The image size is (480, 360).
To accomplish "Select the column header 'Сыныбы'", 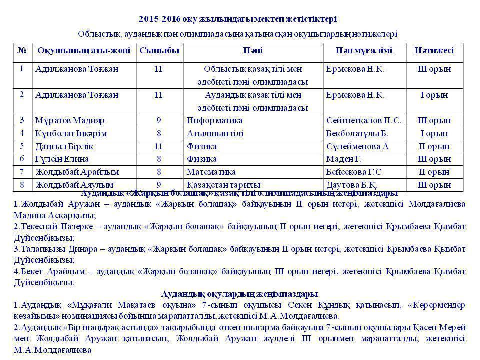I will (158, 51).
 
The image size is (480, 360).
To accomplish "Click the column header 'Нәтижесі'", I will (434, 51).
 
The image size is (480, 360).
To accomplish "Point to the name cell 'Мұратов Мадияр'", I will (69, 120).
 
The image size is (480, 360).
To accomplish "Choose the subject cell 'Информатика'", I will (214, 120).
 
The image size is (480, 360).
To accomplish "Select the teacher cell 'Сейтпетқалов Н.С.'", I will (363, 120).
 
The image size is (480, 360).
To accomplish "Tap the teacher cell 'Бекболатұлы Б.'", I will (356, 133).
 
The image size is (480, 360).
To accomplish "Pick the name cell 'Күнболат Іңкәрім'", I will (71, 133).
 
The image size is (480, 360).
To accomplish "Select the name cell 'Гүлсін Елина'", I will (62, 159).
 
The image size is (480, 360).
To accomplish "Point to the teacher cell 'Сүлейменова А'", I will (357, 146).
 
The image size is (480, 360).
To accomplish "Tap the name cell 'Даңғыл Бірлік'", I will (64, 146).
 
